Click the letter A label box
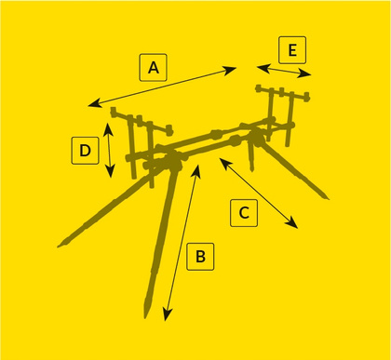pyautogui.click(x=154, y=68)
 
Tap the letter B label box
pyautogui.click(x=200, y=256)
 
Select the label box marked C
pyautogui.click(x=244, y=212)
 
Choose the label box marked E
pyautogui.click(x=292, y=49)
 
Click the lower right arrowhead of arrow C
pyautogui.click(x=296, y=226)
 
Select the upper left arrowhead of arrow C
pyautogui.click(x=222, y=159)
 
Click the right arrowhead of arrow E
pyautogui.click(x=311, y=74)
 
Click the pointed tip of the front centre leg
pyautogui.click(x=146, y=314)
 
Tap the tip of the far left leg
pyautogui.click(x=60, y=245)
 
